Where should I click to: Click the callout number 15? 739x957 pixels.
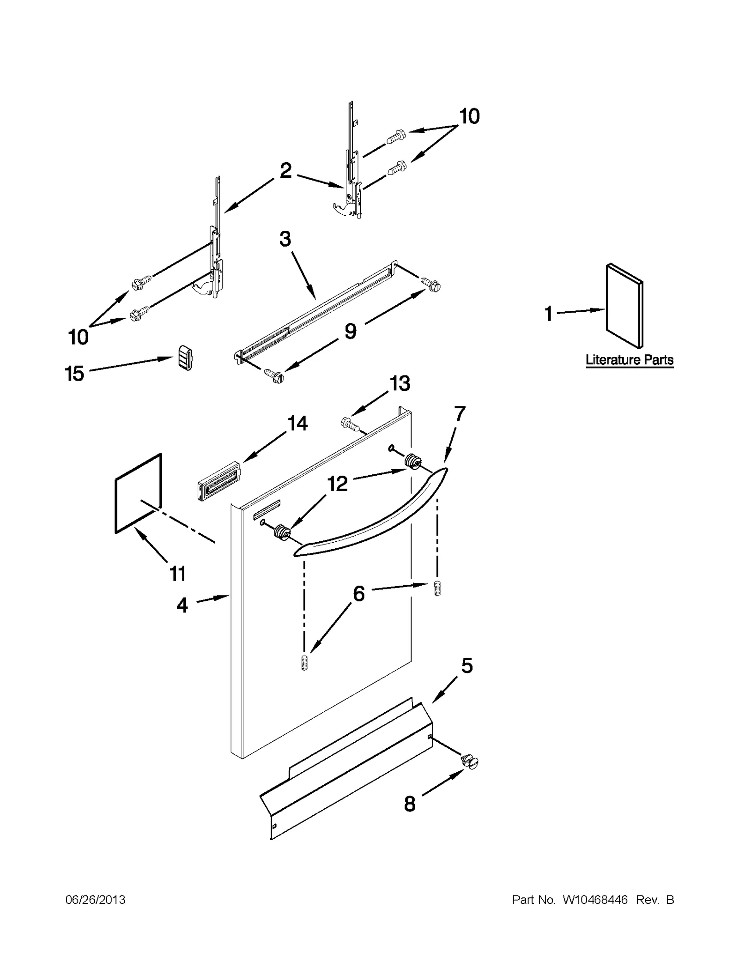click(74, 373)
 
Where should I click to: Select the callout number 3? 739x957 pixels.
click(285, 239)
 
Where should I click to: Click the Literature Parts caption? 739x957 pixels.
click(629, 360)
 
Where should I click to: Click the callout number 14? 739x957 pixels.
click(297, 423)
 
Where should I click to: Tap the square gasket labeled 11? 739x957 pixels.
click(138, 493)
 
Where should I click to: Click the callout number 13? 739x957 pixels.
click(400, 383)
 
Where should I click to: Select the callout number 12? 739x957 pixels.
click(337, 484)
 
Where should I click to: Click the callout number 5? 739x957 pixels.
click(466, 666)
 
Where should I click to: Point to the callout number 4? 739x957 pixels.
click(182, 605)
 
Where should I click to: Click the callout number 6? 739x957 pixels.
click(358, 594)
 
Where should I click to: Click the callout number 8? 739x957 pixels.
click(409, 804)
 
